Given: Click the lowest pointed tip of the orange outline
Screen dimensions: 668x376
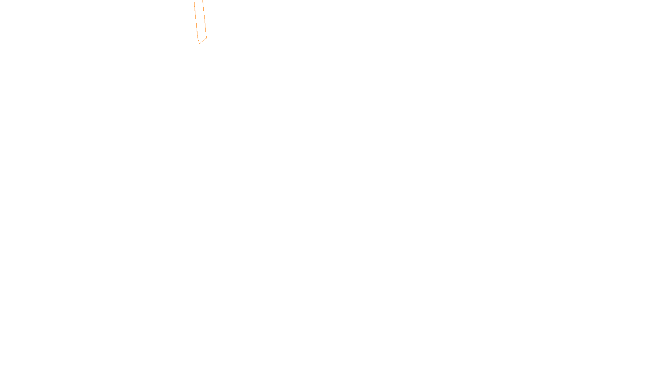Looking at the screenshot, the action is click(200, 43).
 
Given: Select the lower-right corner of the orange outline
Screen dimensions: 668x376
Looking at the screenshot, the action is click(206, 38).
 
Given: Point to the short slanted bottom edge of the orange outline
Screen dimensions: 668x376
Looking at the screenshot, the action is click(203, 41).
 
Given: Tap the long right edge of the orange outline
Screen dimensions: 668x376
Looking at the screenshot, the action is click(205, 19).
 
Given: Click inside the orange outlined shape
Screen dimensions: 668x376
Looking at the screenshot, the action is click(200, 21).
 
